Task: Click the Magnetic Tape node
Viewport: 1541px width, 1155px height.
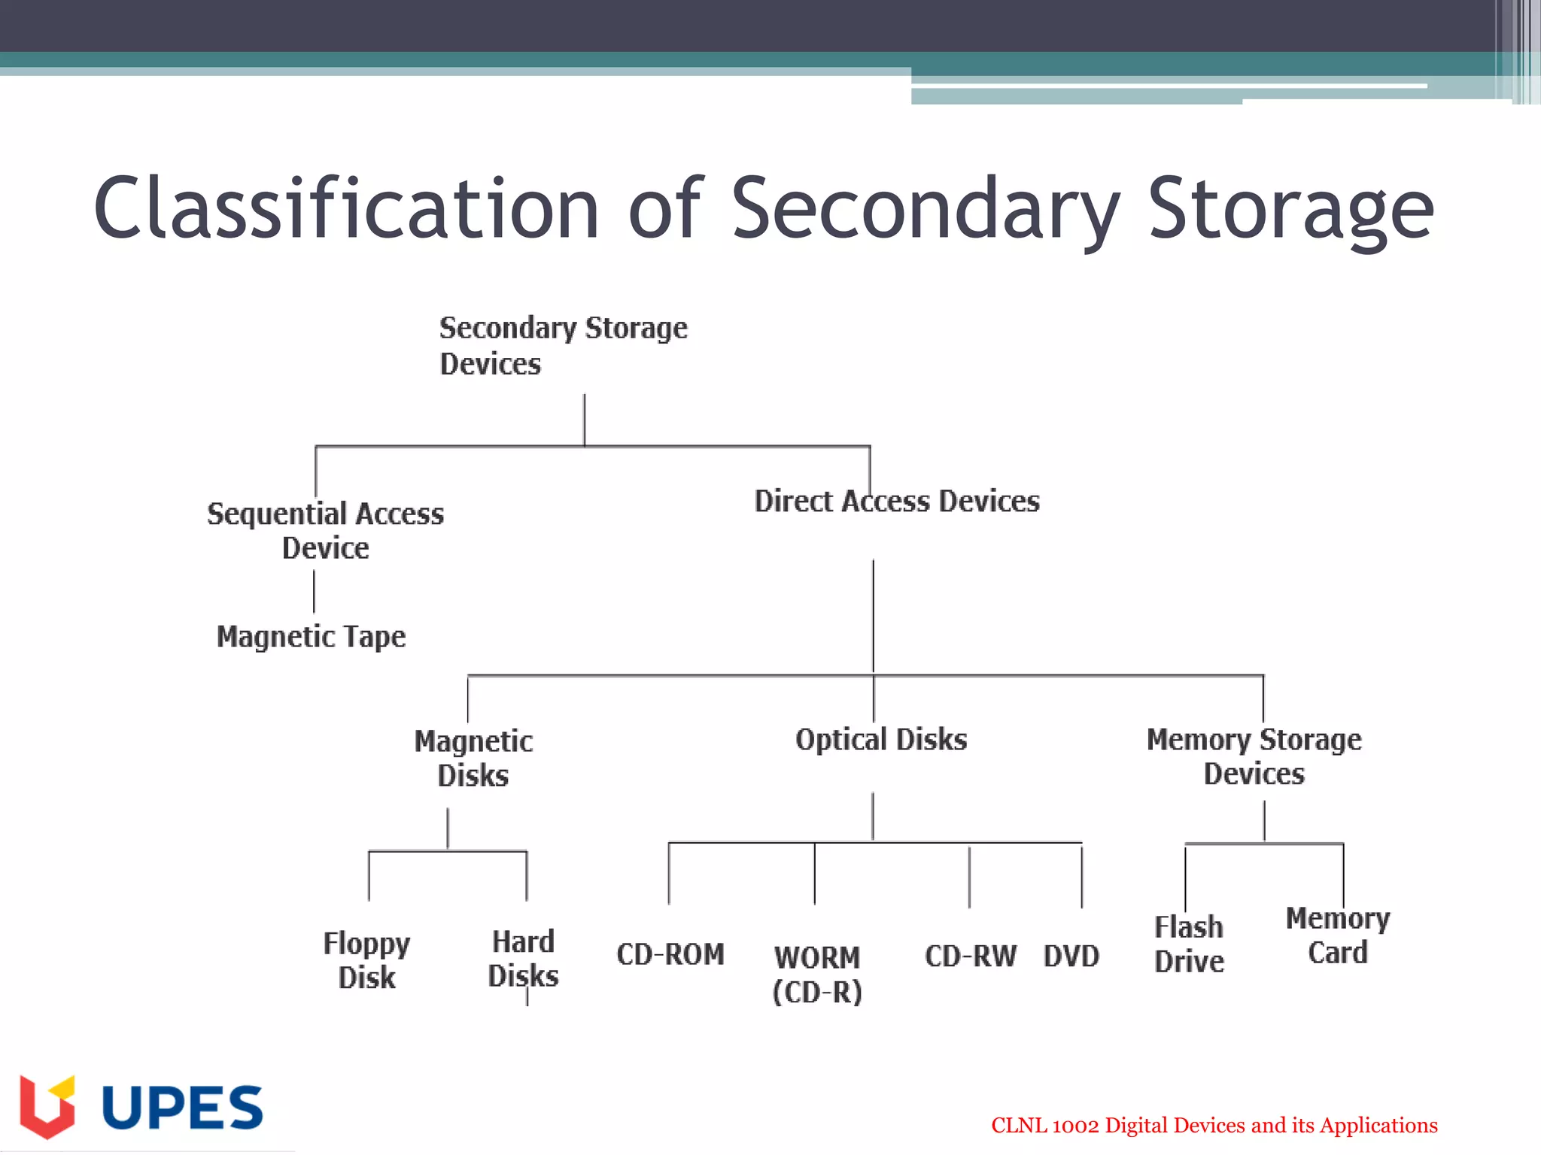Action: click(x=311, y=637)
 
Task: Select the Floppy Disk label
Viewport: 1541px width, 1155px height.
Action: click(x=366, y=960)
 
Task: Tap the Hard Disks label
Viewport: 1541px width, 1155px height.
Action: click(x=523, y=959)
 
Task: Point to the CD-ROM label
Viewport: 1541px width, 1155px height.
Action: click(x=670, y=954)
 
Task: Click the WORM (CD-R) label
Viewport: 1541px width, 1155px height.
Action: click(x=817, y=975)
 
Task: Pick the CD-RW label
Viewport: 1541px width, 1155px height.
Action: click(x=971, y=956)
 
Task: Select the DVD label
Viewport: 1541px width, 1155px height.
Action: click(x=1071, y=956)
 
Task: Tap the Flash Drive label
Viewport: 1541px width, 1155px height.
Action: click(x=1189, y=944)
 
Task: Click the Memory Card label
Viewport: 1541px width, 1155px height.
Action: click(x=1337, y=935)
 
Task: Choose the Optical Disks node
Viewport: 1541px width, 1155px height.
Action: click(x=881, y=740)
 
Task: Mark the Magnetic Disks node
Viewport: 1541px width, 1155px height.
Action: click(x=473, y=758)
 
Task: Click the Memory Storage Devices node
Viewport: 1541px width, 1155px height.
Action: click(x=1254, y=756)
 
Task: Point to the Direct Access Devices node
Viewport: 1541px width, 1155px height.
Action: click(x=897, y=502)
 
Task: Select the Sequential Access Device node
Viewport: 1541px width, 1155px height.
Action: click(x=325, y=531)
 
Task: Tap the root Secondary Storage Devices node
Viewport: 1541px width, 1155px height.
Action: click(x=563, y=346)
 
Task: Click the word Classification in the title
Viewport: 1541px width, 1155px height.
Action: click(x=346, y=208)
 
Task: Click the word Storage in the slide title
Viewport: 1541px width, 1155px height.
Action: click(x=1290, y=208)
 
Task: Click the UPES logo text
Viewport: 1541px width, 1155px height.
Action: click(x=182, y=1108)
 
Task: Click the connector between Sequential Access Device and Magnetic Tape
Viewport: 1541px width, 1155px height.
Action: click(x=314, y=592)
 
